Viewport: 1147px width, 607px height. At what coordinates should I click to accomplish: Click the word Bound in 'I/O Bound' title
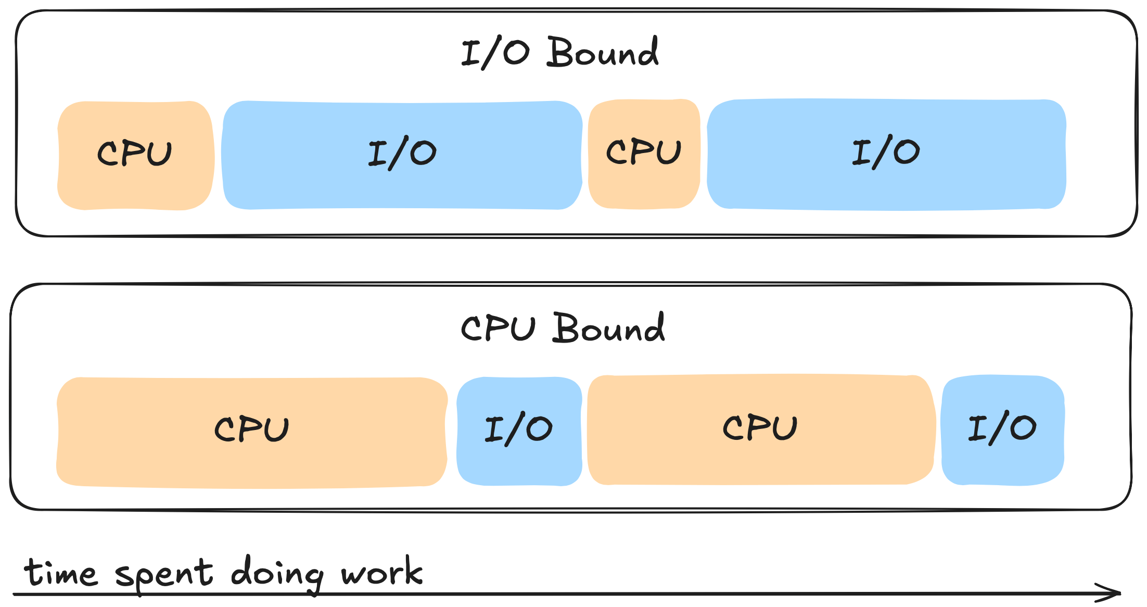(603, 53)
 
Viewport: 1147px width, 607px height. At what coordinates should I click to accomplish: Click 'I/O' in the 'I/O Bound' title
(495, 53)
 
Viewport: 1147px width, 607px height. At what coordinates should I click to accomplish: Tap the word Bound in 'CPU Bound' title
(608, 328)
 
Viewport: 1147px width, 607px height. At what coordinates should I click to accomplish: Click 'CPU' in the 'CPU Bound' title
(498, 328)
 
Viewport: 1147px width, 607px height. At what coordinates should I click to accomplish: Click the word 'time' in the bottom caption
(60, 573)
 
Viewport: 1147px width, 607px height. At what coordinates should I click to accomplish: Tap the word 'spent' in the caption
(164, 575)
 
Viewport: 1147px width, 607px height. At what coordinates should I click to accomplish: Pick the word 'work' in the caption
(381, 572)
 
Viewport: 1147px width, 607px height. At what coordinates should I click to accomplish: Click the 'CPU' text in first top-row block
(134, 154)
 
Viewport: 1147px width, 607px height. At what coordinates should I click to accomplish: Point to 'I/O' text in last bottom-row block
(1002, 428)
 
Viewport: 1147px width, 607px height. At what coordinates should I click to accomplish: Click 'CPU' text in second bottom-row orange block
(760, 428)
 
